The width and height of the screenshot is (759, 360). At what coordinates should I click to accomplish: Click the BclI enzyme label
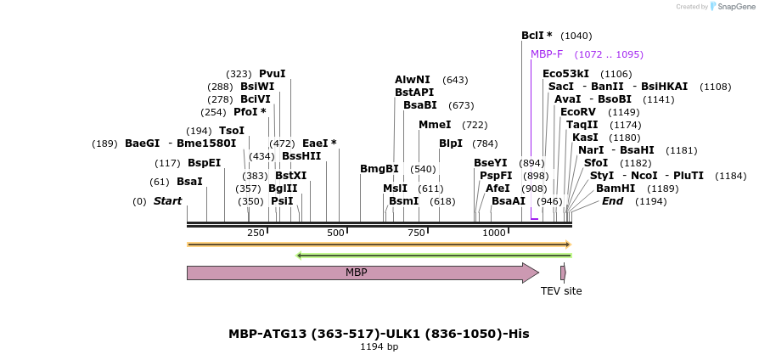click(536, 36)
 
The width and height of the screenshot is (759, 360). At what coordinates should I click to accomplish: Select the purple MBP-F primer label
click(547, 54)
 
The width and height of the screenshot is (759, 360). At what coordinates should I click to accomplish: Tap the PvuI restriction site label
click(272, 74)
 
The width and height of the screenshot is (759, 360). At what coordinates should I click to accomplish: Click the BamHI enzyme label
click(615, 188)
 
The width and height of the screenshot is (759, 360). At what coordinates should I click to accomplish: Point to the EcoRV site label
click(577, 112)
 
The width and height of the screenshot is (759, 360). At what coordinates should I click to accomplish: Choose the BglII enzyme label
click(283, 188)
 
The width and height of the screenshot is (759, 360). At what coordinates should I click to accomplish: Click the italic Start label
click(167, 201)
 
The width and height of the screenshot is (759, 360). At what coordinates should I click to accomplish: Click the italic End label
click(612, 201)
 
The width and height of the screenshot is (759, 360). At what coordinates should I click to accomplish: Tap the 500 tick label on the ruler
click(335, 233)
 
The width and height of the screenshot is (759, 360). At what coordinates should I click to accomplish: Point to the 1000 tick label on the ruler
click(494, 233)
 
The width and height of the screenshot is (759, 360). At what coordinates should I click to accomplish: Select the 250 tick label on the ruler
click(256, 233)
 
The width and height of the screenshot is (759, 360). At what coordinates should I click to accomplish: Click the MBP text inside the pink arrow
click(356, 273)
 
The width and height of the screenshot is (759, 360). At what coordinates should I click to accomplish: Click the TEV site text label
click(561, 291)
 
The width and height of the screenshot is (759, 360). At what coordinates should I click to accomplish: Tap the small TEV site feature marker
click(562, 273)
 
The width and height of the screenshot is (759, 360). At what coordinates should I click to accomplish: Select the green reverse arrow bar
click(433, 255)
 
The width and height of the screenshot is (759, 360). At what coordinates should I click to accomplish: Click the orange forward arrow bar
click(379, 245)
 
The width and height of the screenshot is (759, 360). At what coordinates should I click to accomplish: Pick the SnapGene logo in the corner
click(732, 7)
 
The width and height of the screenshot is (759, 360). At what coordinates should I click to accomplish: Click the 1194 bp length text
click(379, 346)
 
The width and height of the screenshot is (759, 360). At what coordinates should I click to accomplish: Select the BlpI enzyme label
click(450, 143)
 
